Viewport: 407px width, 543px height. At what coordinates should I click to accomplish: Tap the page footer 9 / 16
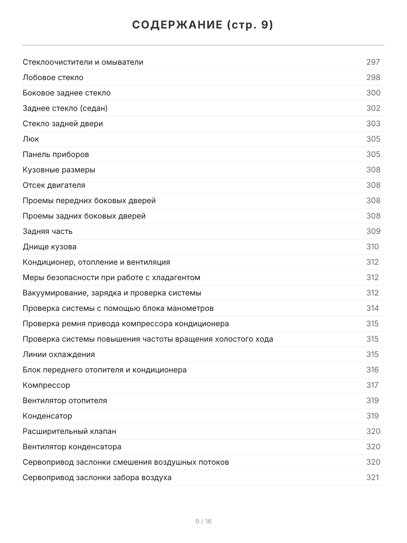(203, 521)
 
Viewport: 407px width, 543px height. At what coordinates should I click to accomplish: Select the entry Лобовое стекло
(53, 77)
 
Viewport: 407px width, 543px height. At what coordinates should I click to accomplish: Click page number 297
(373, 62)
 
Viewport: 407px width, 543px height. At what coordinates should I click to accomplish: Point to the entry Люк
(31, 139)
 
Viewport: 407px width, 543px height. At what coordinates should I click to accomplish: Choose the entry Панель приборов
(56, 154)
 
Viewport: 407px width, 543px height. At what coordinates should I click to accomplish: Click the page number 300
(373, 93)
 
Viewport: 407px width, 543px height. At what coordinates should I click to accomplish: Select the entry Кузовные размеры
(59, 170)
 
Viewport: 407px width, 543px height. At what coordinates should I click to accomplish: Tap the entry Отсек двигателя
(54, 185)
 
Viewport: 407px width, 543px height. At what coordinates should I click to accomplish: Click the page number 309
(373, 231)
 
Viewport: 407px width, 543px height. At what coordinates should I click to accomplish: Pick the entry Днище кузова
(50, 247)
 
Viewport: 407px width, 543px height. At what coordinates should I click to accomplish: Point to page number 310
(373, 247)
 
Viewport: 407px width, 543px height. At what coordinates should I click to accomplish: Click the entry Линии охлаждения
(59, 354)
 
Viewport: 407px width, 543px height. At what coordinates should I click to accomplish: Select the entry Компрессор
(47, 385)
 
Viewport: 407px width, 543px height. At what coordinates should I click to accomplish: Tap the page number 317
(373, 385)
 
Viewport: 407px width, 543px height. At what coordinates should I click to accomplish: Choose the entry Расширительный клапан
(69, 431)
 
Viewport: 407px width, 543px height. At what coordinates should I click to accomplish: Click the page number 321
(373, 477)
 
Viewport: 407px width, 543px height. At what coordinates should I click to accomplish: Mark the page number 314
(373, 308)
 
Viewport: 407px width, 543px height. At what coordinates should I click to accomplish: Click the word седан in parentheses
(94, 108)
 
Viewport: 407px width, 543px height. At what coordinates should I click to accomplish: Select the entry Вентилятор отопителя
(65, 400)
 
